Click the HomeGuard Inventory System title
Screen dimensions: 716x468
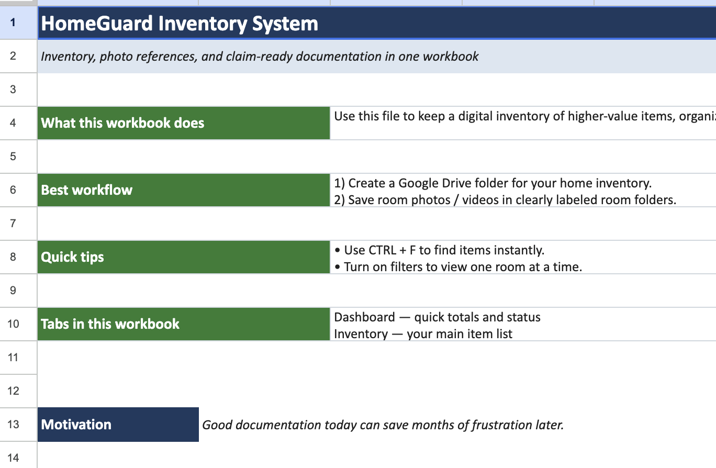click(180, 24)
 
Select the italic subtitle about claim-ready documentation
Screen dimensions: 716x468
click(260, 57)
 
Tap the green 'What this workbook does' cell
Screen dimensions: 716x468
click(184, 123)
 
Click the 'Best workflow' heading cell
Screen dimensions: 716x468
click(184, 190)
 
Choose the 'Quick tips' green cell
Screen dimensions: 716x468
click(184, 257)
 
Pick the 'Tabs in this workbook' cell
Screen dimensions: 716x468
click(184, 324)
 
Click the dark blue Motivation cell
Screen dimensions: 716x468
click(118, 425)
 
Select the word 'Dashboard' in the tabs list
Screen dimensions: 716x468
click(364, 317)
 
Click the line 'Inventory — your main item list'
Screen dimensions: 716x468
click(423, 334)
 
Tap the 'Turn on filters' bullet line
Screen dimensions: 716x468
click(458, 267)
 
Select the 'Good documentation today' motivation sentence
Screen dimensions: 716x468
click(383, 425)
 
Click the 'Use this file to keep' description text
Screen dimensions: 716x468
click(525, 116)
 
